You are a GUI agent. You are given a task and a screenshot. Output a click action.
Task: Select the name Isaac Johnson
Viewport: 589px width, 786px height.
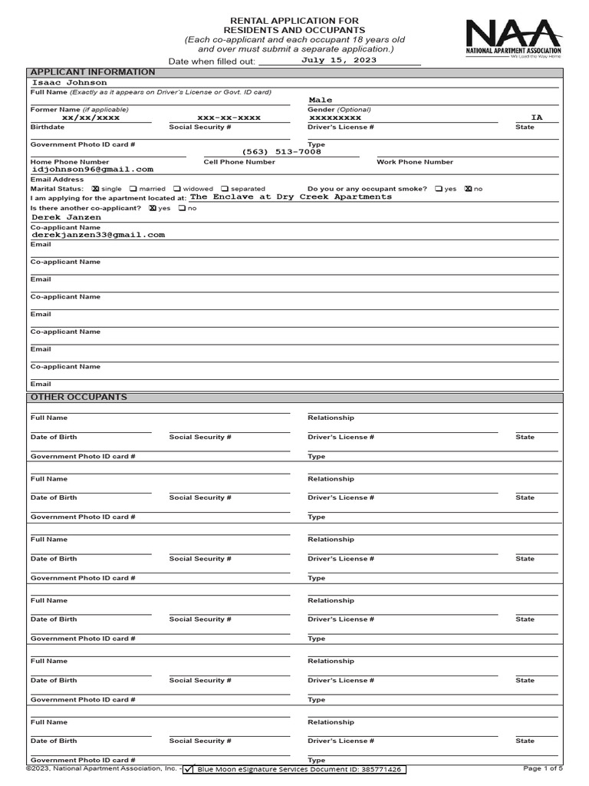(x=69, y=82)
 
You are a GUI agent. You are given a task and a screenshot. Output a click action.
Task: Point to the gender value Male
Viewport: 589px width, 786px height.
(x=321, y=101)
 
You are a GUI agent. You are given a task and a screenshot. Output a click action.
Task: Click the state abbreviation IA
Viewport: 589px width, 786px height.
(x=536, y=117)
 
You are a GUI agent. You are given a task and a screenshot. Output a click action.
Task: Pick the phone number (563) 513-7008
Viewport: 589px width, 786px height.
(x=282, y=152)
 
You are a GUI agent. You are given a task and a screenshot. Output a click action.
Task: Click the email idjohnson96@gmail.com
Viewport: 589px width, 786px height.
(x=92, y=169)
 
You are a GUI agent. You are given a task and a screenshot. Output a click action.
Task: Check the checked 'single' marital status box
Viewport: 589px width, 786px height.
(x=95, y=189)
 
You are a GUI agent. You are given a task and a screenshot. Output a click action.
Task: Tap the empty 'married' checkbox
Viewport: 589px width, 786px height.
(x=133, y=189)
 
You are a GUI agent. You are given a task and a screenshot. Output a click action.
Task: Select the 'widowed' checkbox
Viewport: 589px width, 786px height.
(x=177, y=189)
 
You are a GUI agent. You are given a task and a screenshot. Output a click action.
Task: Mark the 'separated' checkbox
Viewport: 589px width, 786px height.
(x=225, y=189)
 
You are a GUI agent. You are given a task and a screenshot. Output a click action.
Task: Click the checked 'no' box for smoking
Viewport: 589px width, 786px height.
(x=468, y=189)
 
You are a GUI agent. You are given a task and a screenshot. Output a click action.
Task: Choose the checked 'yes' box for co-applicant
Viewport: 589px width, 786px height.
(x=153, y=208)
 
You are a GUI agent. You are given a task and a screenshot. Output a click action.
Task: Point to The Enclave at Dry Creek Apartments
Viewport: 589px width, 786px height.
(x=291, y=197)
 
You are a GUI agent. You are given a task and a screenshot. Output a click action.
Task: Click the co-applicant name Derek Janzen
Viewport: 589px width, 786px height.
(x=66, y=217)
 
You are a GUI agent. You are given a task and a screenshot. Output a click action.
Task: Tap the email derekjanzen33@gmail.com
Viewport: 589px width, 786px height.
(x=97, y=235)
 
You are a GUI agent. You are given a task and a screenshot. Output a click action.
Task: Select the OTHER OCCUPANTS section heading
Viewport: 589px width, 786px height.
(x=78, y=398)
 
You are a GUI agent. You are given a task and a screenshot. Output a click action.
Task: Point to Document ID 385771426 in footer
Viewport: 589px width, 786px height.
(x=299, y=769)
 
